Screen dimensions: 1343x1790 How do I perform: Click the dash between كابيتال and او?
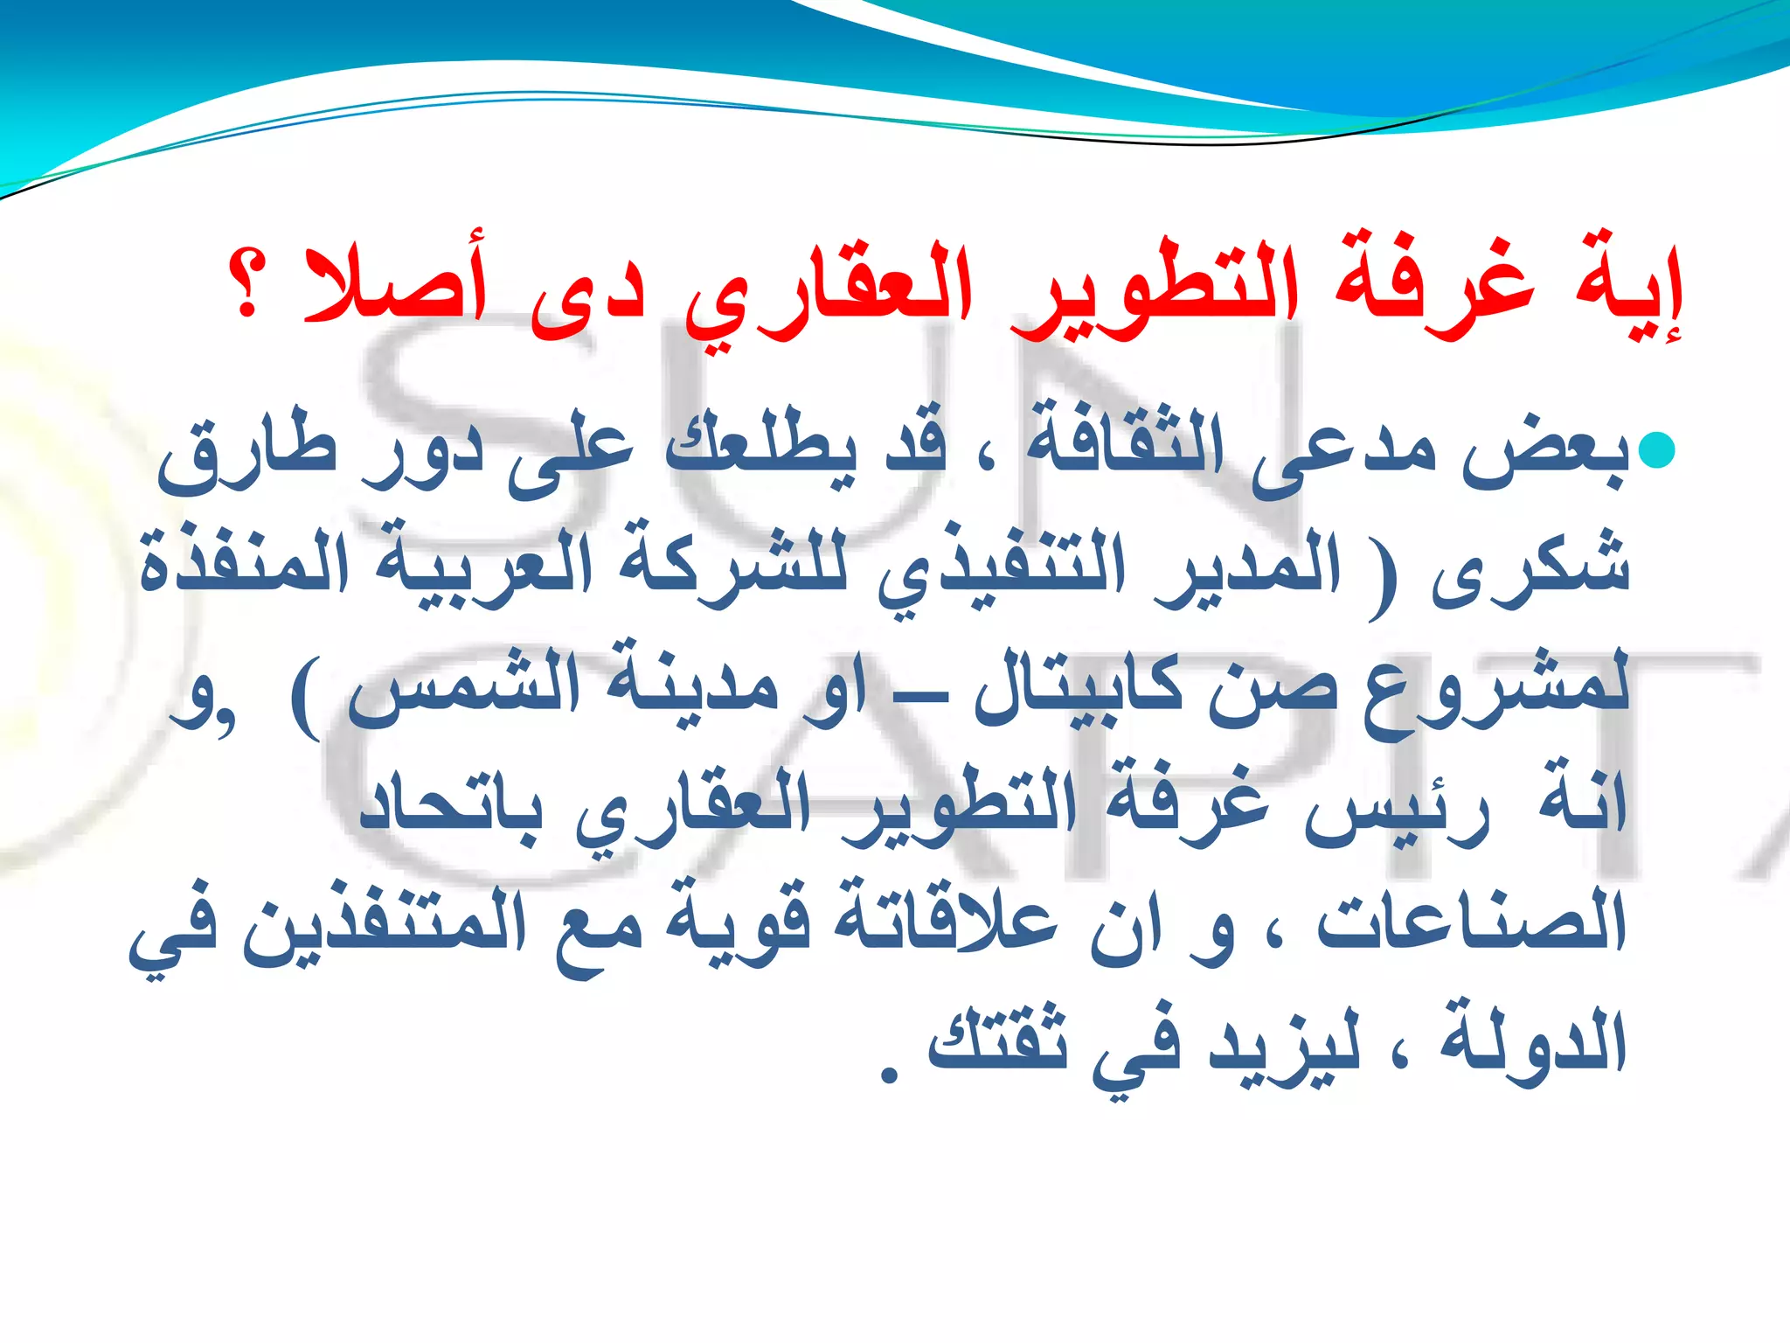coord(910,700)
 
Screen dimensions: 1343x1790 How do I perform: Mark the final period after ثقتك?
coord(889,1075)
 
